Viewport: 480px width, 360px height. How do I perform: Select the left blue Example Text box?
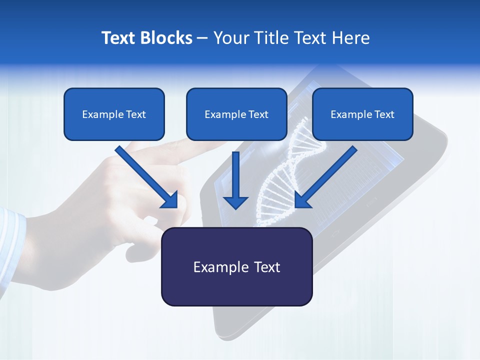(x=114, y=114)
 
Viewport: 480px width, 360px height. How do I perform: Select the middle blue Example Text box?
(x=236, y=114)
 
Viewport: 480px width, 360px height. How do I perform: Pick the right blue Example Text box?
(x=362, y=114)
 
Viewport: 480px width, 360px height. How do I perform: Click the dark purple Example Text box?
(x=236, y=267)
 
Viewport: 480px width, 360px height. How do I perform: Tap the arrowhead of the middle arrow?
(x=235, y=202)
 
